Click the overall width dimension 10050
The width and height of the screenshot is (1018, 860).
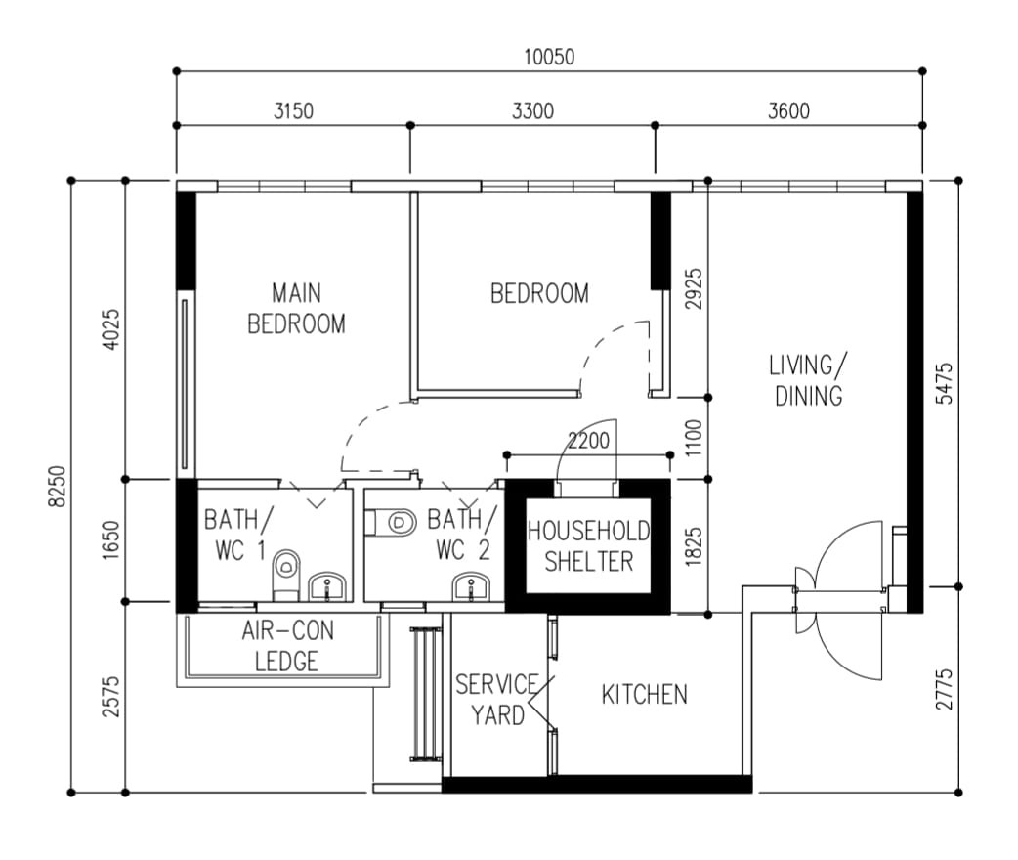click(x=549, y=57)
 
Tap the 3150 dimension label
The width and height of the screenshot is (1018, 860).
click(x=293, y=111)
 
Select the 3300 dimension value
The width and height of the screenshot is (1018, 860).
click(x=533, y=111)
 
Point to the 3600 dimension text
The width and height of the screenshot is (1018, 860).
click(x=788, y=111)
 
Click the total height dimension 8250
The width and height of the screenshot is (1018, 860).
click(x=58, y=487)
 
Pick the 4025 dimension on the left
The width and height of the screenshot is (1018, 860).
click(x=111, y=329)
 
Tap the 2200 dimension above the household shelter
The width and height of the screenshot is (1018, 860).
click(x=589, y=441)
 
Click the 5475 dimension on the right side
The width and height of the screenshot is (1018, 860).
click(x=945, y=383)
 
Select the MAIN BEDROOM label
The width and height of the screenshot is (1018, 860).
click(x=297, y=309)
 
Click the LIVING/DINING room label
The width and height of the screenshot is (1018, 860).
click(x=808, y=380)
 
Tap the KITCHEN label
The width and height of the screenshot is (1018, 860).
click(x=644, y=695)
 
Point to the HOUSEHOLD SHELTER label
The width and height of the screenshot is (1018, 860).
click(x=589, y=546)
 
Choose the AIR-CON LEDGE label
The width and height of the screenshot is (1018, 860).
click(x=287, y=646)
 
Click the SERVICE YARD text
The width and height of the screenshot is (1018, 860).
click(x=497, y=700)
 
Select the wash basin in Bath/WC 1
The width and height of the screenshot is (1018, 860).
click(x=327, y=586)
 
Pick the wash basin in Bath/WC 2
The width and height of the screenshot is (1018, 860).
click(x=472, y=586)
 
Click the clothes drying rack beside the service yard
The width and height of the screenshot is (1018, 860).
click(x=426, y=694)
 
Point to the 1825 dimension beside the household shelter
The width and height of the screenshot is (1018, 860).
click(x=694, y=547)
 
